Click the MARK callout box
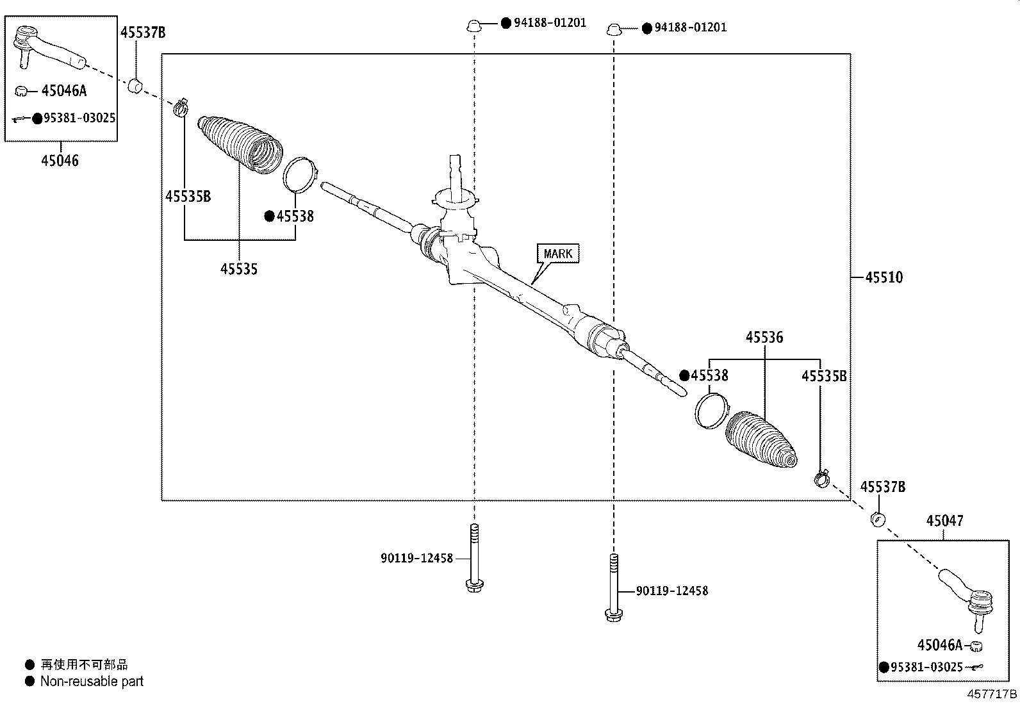click(x=557, y=254)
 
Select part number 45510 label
click(x=884, y=277)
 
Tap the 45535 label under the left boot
click(x=239, y=269)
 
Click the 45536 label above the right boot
click(x=764, y=337)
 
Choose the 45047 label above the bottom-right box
click(x=944, y=521)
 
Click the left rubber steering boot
click(x=240, y=143)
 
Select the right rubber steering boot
click(x=761, y=439)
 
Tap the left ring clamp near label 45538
click(x=300, y=174)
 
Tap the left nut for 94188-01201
click(x=473, y=26)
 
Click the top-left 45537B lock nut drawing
click(x=135, y=85)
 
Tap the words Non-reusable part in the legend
click(x=92, y=682)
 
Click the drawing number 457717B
click(x=992, y=694)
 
